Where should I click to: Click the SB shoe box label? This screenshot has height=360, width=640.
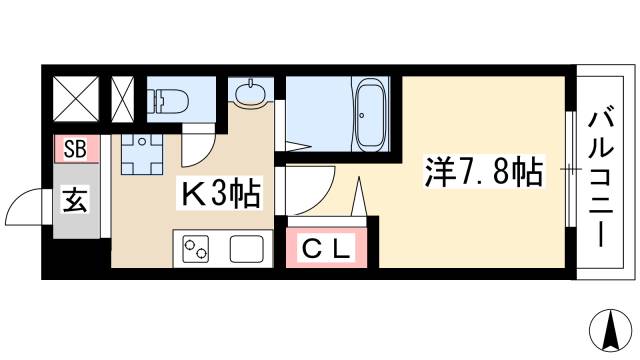tap(76, 151)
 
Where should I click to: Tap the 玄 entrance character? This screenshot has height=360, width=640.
tap(76, 196)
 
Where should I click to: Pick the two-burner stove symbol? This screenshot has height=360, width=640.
tap(195, 248)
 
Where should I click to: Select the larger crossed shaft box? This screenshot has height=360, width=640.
tap(73, 98)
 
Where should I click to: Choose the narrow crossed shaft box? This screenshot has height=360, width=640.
tap(123, 98)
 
